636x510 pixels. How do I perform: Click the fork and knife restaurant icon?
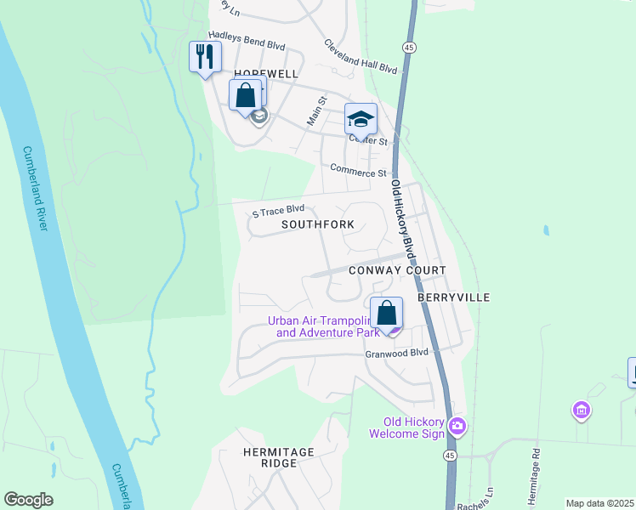204,57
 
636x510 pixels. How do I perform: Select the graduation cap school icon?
361,119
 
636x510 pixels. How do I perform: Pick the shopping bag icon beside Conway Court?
386,313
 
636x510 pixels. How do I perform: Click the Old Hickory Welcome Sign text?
406,428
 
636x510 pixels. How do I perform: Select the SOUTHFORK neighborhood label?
318,225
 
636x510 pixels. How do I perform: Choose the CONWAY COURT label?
397,270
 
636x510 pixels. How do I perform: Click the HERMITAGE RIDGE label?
278,457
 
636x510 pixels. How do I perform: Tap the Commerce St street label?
358,172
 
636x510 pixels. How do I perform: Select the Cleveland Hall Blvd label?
361,56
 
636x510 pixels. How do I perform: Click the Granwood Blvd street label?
397,352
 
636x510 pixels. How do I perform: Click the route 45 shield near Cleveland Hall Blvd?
409,48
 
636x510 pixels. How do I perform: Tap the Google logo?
29,500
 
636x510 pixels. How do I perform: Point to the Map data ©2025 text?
599,503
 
